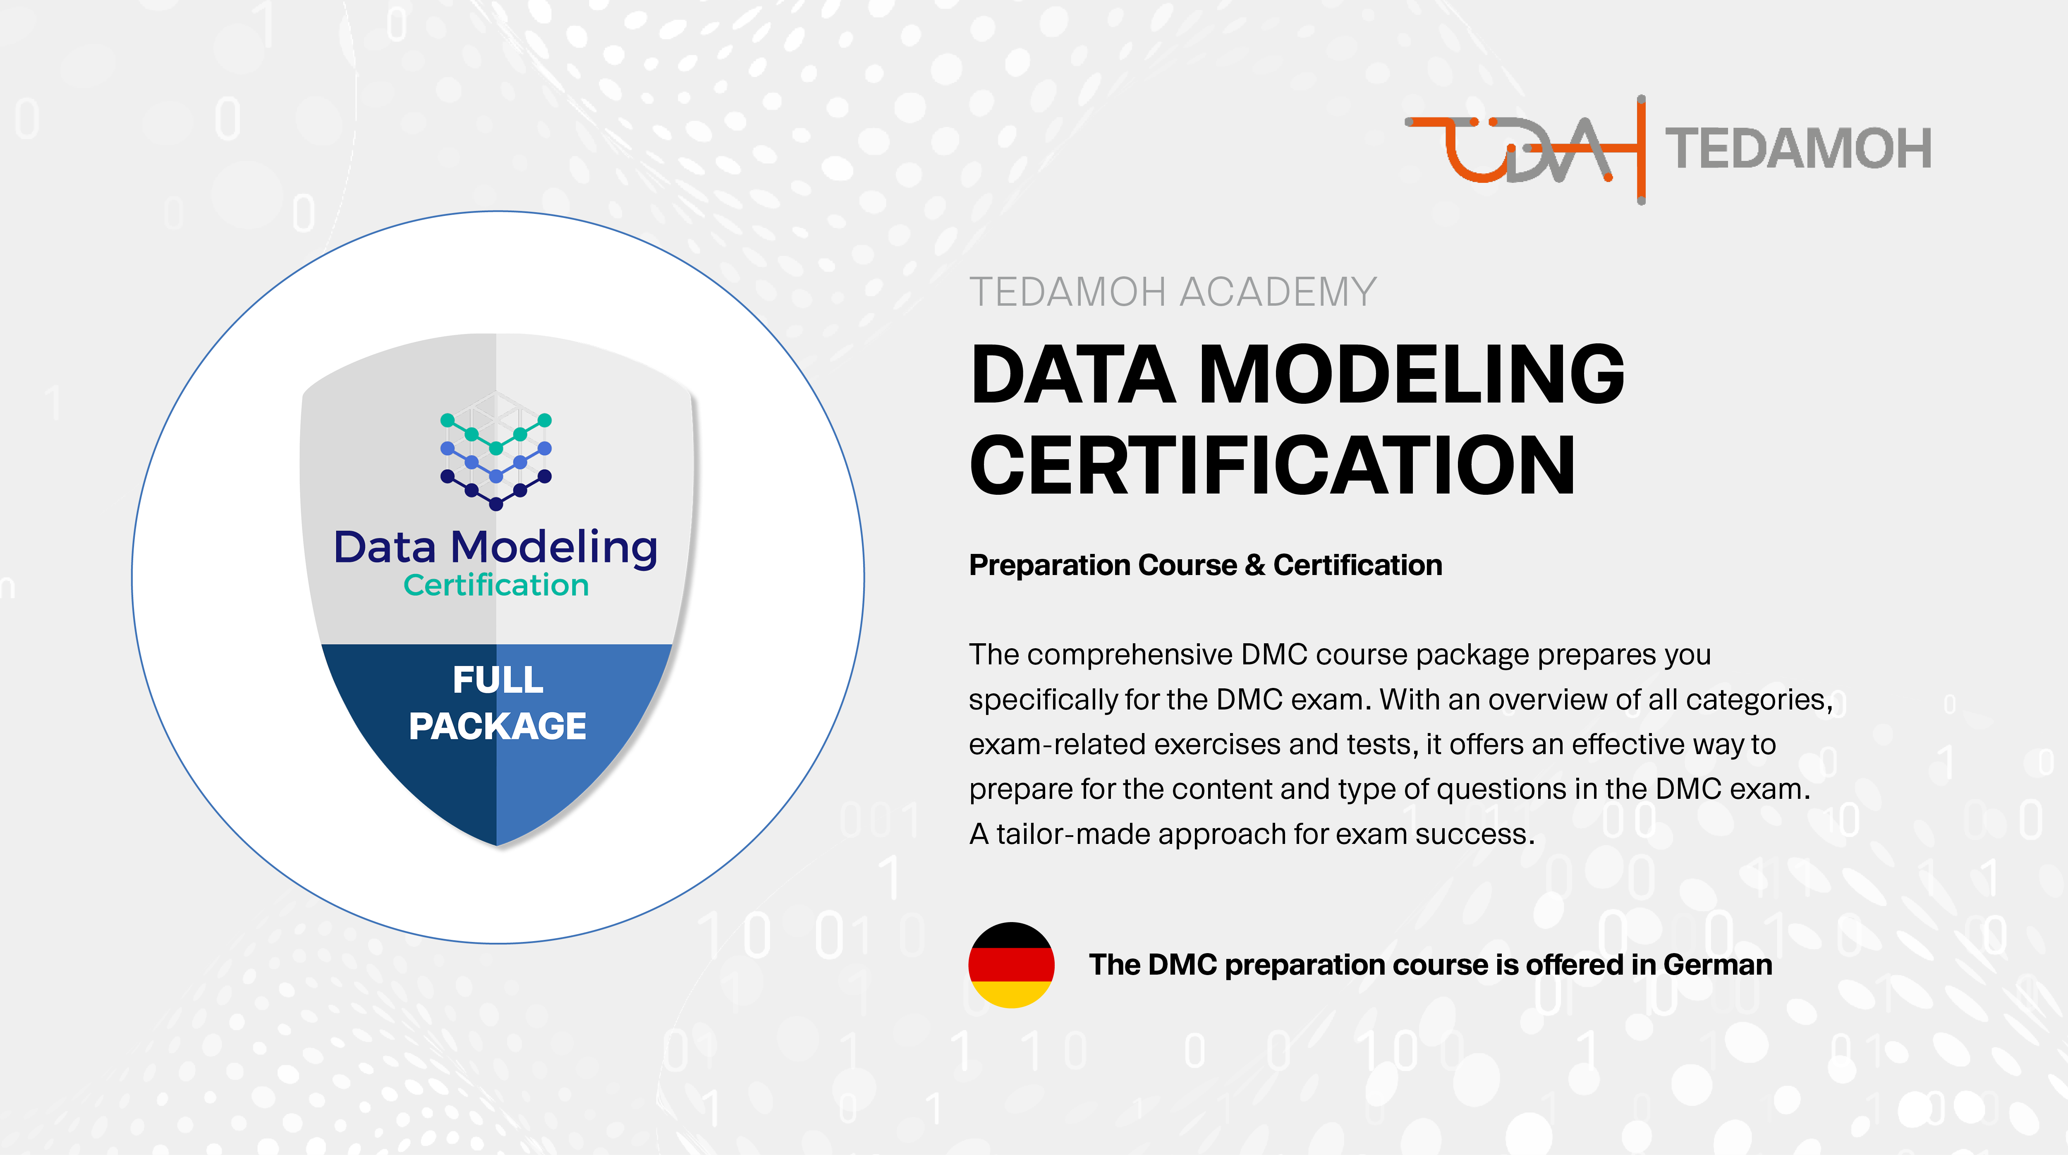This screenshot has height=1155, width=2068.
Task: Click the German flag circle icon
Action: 1011,965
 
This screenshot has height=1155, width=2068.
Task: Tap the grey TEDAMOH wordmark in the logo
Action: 1798,149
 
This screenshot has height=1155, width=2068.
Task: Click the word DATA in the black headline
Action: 1073,374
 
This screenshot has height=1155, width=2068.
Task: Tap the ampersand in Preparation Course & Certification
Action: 1255,566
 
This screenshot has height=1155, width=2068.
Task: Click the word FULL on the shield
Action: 498,681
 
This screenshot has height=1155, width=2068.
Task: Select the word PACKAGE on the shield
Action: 498,726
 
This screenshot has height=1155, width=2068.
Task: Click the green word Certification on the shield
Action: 496,585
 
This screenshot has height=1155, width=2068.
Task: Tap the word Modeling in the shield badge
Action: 554,548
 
